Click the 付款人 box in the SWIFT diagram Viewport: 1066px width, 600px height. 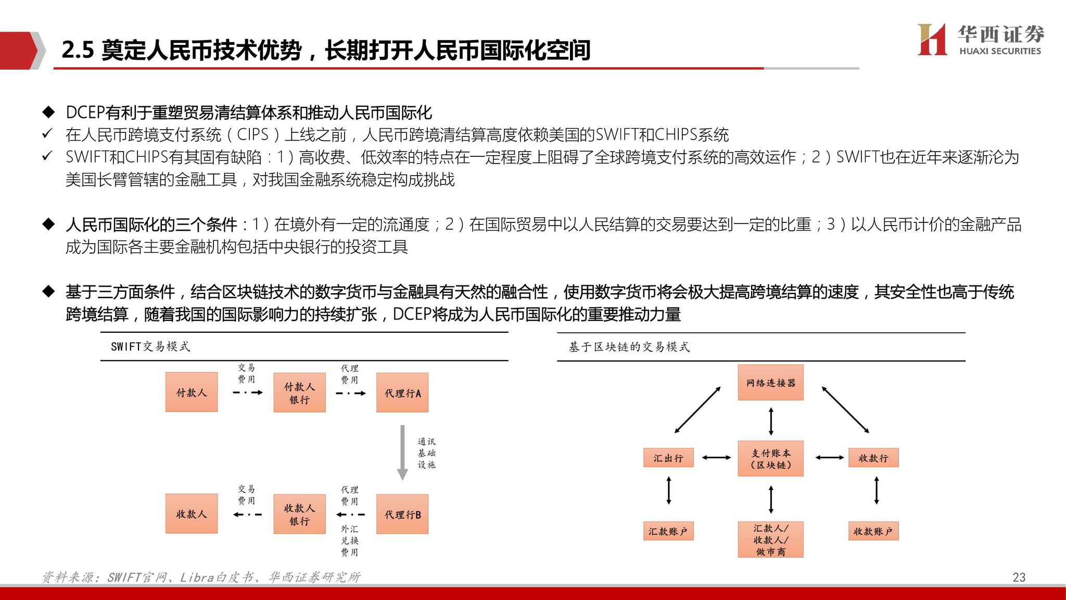(x=192, y=392)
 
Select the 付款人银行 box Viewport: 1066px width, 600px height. (x=299, y=393)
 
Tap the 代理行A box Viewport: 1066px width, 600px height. (x=402, y=393)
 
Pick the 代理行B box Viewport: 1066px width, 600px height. (x=402, y=514)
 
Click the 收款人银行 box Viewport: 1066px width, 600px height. (x=299, y=514)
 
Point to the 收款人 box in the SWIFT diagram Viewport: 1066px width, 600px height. (x=192, y=514)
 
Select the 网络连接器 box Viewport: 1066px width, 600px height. (x=770, y=383)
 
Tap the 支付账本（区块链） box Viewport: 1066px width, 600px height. (x=770, y=458)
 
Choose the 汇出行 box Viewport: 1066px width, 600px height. (x=668, y=458)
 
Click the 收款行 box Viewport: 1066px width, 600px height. (x=873, y=458)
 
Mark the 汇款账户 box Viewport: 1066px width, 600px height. (x=668, y=531)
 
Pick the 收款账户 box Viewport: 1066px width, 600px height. (x=873, y=531)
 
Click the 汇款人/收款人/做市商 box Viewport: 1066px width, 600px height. (x=770, y=540)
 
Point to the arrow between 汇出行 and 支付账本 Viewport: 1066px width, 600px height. (x=716, y=458)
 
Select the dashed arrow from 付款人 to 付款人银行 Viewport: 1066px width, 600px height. (x=248, y=392)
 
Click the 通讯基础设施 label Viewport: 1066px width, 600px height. (x=426, y=453)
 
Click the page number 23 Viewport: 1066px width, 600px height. (x=1019, y=577)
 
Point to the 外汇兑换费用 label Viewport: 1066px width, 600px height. (x=350, y=541)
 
